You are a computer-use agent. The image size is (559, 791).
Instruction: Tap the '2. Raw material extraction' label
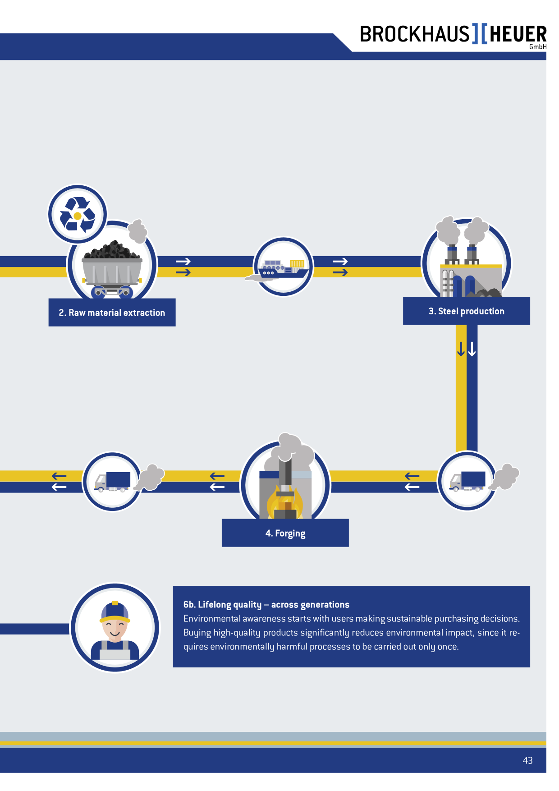tap(112, 313)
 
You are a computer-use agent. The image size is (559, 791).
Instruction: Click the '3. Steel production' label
tap(467, 311)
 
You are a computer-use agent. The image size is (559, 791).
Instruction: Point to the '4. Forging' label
tap(285, 533)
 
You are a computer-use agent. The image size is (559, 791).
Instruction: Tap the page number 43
tap(527, 760)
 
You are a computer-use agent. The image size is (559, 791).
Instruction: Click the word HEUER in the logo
tap(518, 34)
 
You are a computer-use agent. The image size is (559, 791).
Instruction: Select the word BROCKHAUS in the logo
tap(415, 34)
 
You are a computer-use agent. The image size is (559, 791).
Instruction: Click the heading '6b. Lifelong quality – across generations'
tap(266, 604)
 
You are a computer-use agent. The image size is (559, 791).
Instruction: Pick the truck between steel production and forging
tap(467, 481)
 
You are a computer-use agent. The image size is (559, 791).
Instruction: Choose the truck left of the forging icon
tap(112, 482)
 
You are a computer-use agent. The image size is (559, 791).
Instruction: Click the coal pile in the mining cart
tap(112, 250)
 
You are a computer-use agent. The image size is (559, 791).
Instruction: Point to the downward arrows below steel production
tap(467, 349)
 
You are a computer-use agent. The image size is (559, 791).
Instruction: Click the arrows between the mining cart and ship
tap(183, 267)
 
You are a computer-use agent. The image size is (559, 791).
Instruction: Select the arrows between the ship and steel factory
tap(340, 267)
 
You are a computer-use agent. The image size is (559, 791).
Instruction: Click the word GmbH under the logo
tap(538, 47)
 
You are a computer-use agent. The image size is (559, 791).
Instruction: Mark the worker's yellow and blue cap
tap(115, 611)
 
